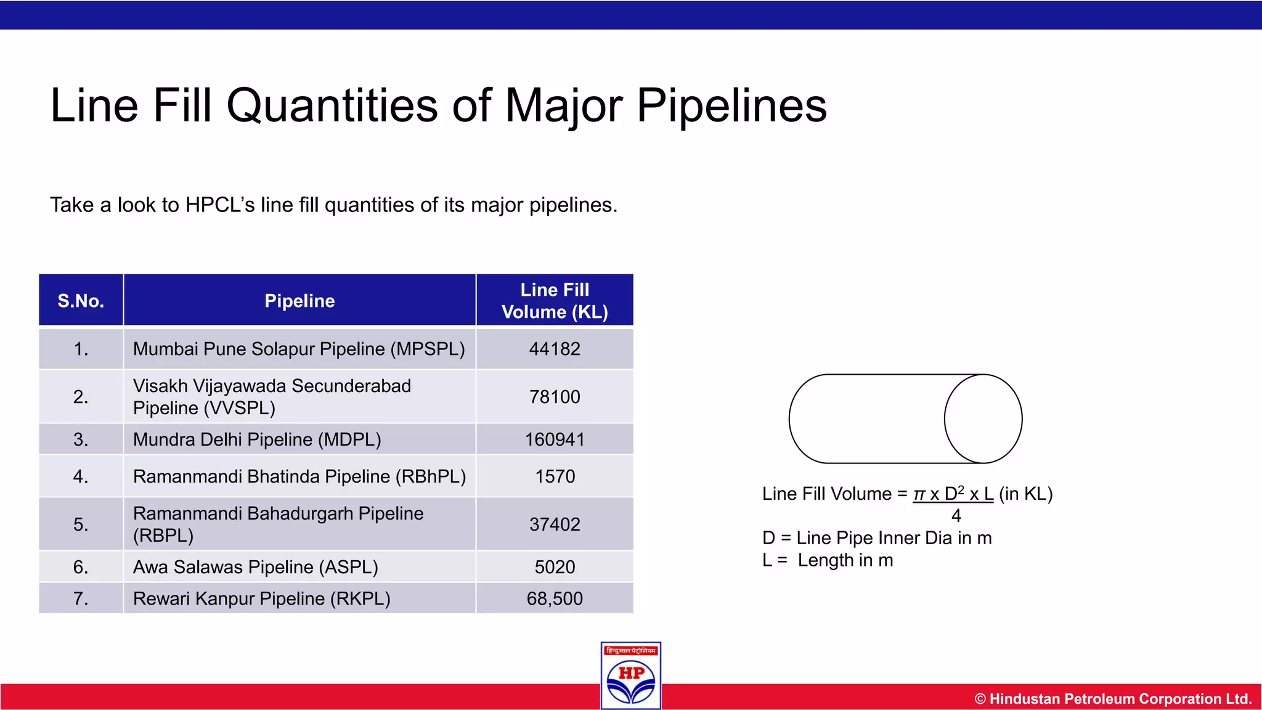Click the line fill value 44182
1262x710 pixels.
(555, 349)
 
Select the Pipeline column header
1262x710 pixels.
(299, 301)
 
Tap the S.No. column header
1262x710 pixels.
(81, 301)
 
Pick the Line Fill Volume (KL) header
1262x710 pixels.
(555, 301)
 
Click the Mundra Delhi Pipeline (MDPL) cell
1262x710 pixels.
(257, 439)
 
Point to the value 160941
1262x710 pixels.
(555, 439)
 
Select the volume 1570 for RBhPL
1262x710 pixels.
(555, 476)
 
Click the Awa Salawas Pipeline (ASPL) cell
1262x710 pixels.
(255, 567)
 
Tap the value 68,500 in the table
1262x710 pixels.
(555, 598)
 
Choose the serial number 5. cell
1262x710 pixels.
(81, 524)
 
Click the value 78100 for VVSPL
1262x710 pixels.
(555, 397)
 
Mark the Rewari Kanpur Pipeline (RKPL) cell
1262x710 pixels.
(261, 598)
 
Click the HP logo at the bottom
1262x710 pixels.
(631, 676)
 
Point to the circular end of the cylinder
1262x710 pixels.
(983, 419)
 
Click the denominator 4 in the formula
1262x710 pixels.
(956, 516)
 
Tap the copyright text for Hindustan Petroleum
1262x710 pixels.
(1113, 699)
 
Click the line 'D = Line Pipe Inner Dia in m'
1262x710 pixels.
(877, 538)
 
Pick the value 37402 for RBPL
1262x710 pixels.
(555, 524)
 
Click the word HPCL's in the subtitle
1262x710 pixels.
(220, 205)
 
